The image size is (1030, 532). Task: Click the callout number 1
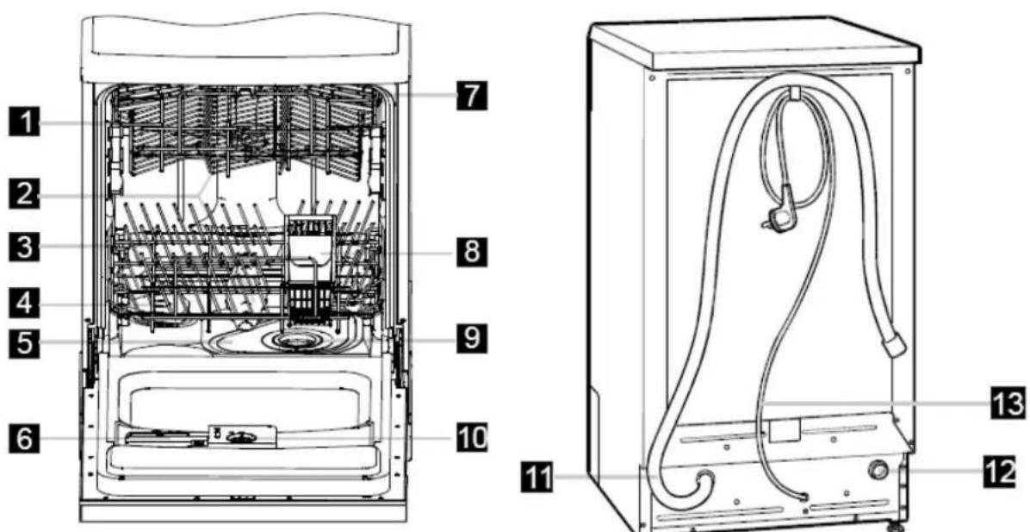pos(22,123)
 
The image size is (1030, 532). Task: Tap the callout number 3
pos(22,248)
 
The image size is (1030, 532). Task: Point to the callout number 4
pos(22,304)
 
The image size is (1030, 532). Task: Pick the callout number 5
pos(22,342)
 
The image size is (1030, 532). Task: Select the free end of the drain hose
pos(895,345)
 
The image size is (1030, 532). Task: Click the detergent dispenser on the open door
pos(242,436)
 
